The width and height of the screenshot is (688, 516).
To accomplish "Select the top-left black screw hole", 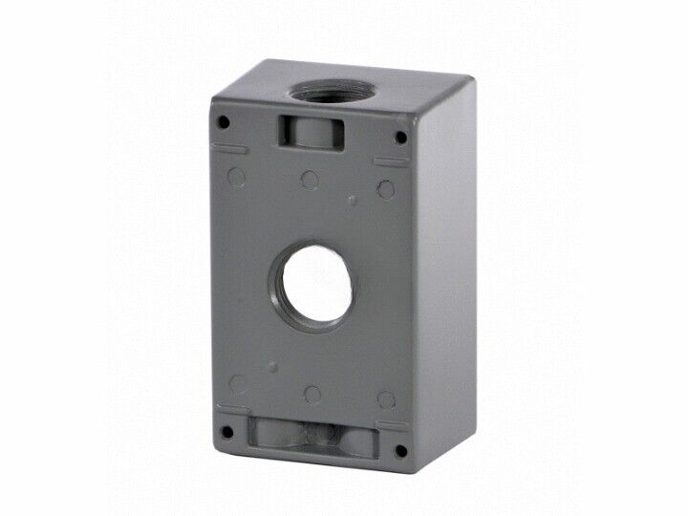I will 224,122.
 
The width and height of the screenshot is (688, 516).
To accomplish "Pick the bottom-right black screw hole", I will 400,448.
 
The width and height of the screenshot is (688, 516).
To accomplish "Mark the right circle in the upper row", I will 385,188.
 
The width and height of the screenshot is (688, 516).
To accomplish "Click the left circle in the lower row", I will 238,385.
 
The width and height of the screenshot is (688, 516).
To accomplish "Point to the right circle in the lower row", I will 386,399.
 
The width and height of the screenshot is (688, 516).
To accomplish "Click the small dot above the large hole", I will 353,201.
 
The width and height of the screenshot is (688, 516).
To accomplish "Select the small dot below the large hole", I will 273,366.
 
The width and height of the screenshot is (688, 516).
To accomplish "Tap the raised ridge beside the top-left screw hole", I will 230,148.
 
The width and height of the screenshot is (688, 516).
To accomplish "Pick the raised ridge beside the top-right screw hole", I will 391,162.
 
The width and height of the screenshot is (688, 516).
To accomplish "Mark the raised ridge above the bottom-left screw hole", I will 230,409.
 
